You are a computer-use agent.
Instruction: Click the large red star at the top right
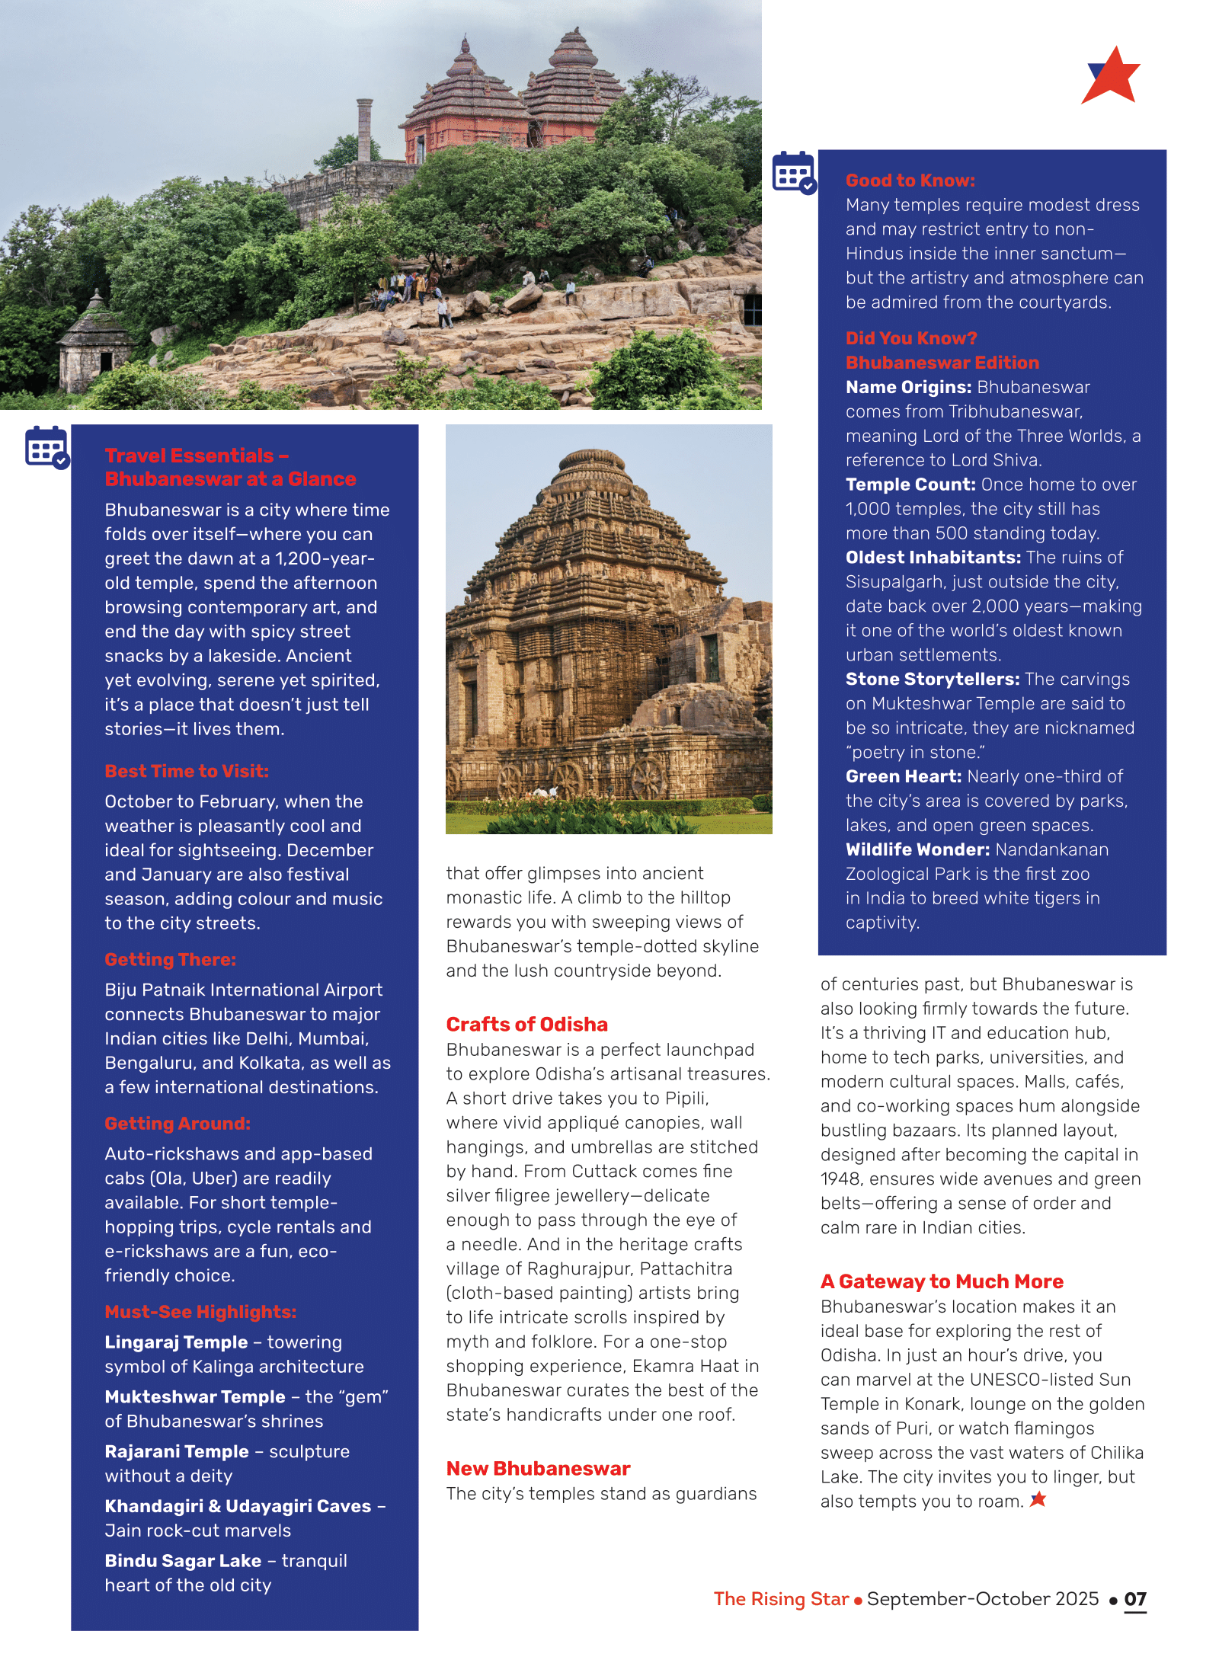click(x=1112, y=77)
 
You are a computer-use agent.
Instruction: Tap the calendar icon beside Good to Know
click(x=794, y=173)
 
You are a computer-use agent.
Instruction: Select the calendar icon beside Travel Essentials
click(x=46, y=447)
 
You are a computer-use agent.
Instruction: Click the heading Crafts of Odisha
click(x=526, y=1024)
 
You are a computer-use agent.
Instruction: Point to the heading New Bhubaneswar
click(x=538, y=1468)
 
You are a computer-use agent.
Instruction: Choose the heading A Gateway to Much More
click(x=942, y=1281)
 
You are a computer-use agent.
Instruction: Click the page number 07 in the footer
click(x=1134, y=1599)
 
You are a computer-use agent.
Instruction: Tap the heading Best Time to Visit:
click(x=187, y=771)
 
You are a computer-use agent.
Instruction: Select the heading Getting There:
click(x=171, y=959)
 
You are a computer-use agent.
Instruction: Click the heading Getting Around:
click(x=178, y=1123)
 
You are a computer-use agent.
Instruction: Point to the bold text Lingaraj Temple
click(x=176, y=1342)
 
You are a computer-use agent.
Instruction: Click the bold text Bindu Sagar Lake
click(x=183, y=1560)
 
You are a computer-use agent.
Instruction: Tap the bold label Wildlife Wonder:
click(x=917, y=849)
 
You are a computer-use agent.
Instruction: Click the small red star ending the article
click(x=1038, y=1499)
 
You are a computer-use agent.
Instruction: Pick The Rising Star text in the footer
click(x=781, y=1599)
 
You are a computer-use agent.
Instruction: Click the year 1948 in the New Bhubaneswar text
click(x=840, y=1179)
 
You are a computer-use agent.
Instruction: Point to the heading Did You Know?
click(x=911, y=338)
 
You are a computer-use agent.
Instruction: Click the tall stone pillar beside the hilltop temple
click(x=365, y=130)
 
